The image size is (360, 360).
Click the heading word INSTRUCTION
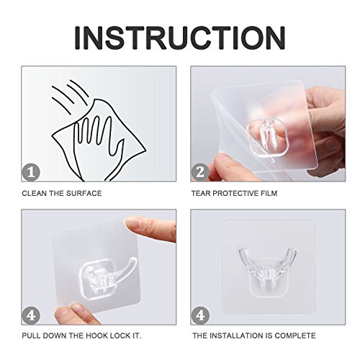tap(180, 38)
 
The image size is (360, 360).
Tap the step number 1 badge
tap(31, 172)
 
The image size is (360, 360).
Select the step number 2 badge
tap(200, 172)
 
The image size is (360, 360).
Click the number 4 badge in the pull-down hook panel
tap(31, 315)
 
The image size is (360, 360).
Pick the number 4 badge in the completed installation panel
tap(200, 315)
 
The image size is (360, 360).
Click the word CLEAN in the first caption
tap(35, 194)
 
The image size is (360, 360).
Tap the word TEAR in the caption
tap(201, 193)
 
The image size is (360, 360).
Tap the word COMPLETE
tap(295, 336)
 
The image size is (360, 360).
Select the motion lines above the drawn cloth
tap(70, 95)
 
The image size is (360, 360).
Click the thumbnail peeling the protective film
tap(222, 157)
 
